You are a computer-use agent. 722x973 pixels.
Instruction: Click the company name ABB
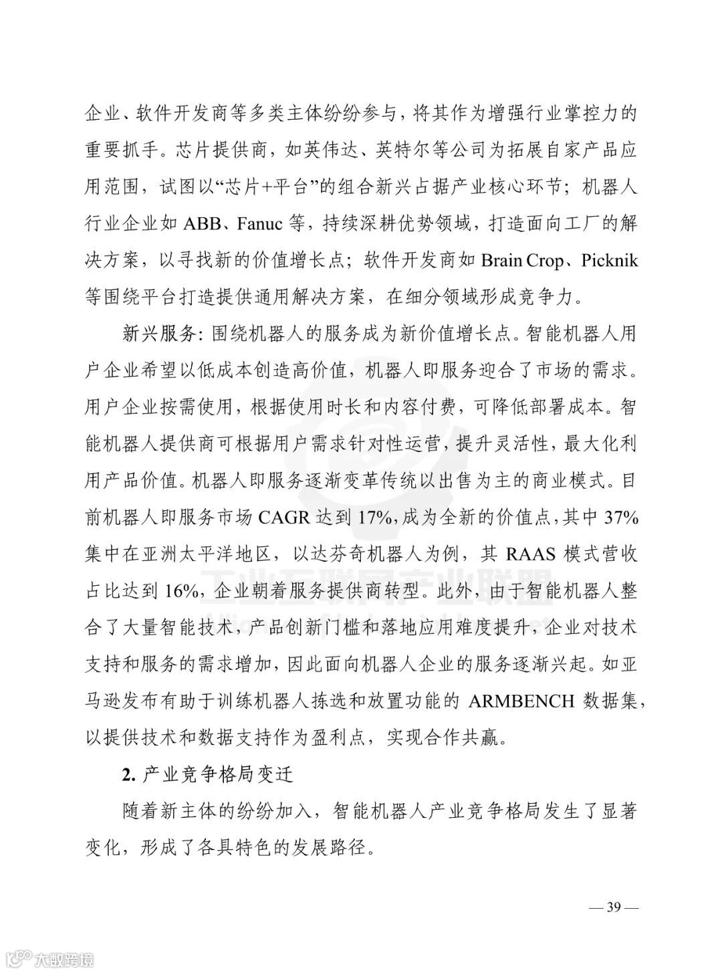click(x=201, y=223)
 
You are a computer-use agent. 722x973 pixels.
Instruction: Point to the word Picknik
click(x=609, y=260)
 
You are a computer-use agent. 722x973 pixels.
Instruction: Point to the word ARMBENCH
click(x=522, y=701)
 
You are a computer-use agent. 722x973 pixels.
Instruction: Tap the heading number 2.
click(x=129, y=775)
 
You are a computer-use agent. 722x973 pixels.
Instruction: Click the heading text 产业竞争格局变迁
click(x=219, y=775)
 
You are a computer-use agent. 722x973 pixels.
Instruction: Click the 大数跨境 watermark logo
click(x=50, y=960)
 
